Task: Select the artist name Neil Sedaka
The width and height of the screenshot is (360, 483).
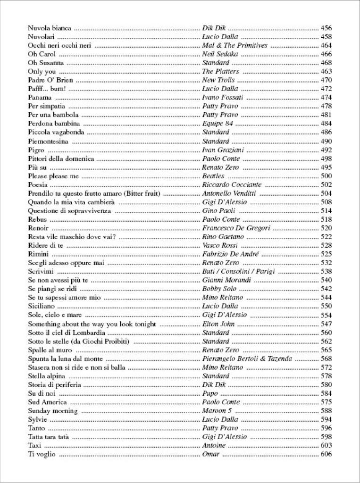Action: point(219,54)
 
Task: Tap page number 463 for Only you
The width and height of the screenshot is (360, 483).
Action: point(326,72)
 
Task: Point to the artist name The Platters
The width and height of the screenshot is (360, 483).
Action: point(220,72)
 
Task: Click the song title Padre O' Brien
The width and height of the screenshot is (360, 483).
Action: point(48,80)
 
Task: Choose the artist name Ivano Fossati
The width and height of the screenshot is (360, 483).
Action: point(223,98)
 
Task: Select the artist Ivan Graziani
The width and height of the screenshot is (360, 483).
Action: point(222,150)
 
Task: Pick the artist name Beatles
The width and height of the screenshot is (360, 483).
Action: point(213,176)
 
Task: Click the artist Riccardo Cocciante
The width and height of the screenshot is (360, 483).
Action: point(232,185)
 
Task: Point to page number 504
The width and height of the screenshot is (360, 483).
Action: point(326,193)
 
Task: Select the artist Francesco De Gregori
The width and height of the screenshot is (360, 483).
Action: point(236,228)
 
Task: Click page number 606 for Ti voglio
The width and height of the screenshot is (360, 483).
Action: point(326,454)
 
